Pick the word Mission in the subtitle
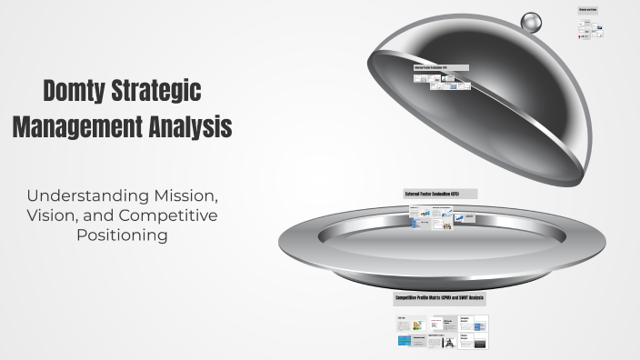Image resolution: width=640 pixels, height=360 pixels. pos(181,195)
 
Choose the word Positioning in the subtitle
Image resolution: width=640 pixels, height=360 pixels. pos(122,235)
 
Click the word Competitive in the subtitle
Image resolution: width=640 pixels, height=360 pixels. pos(173,215)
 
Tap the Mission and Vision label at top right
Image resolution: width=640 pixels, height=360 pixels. pos(589,10)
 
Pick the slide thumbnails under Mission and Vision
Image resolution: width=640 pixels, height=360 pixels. pos(590,29)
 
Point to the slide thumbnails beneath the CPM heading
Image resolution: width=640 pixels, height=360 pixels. pos(442,332)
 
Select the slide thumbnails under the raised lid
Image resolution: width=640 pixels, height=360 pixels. pos(442,83)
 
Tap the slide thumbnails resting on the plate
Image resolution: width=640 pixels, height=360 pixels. pos(442,218)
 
